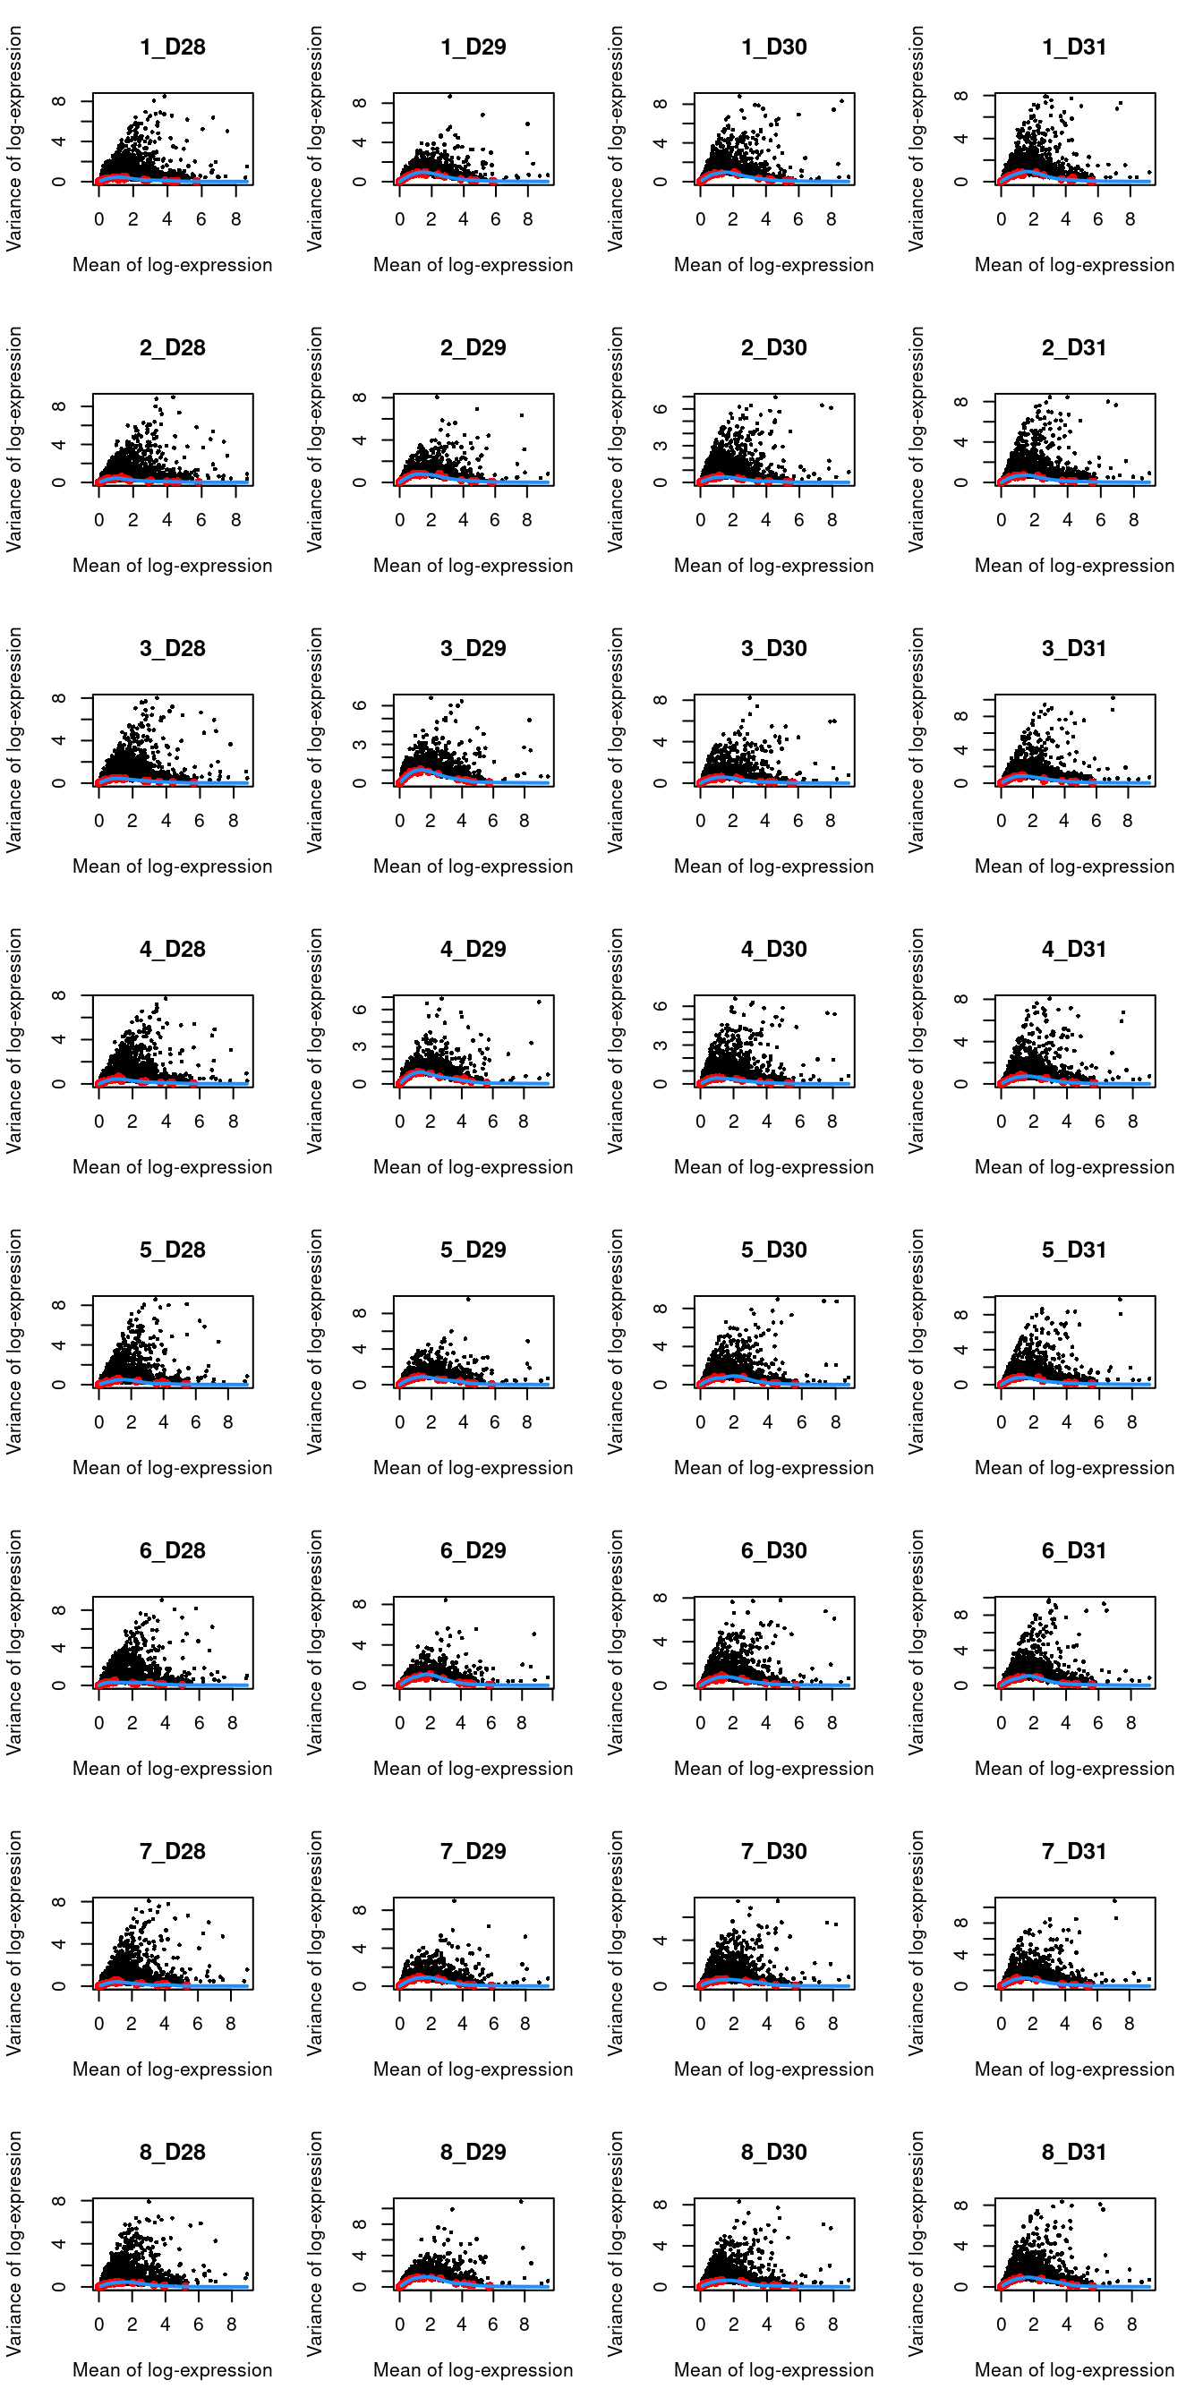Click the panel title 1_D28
172,47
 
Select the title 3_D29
473,648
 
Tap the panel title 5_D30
773,1250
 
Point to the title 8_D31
1074,2152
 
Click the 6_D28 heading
172,1550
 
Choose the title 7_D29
473,1851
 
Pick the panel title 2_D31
1074,347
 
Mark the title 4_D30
773,949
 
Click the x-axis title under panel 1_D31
1074,265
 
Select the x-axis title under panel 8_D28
172,2370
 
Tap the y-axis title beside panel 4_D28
14,1040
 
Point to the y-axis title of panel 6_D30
616,1642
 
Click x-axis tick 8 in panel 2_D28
235,520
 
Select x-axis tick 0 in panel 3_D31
1002,821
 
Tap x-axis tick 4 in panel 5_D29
464,1422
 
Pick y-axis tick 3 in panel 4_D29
360,1047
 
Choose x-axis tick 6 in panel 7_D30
799,2024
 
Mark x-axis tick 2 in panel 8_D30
733,2325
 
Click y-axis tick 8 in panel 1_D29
360,103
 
